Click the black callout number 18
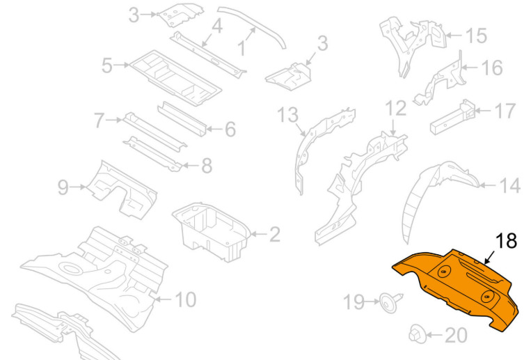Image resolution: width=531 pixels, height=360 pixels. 506,240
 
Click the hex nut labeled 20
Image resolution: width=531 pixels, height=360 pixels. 417,334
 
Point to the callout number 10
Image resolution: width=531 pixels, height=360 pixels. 186,299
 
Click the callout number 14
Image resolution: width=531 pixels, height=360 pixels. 510,186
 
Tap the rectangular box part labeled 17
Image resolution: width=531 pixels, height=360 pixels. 452,118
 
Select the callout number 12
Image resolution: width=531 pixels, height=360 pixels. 396,108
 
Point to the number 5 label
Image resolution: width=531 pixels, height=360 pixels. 107,65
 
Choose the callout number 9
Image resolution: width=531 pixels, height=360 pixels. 63,187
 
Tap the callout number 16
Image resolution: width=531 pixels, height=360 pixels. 492,68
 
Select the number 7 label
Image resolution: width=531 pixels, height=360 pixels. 99,120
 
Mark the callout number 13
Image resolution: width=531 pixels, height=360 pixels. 288,115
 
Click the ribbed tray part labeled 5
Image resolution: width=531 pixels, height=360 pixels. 175,78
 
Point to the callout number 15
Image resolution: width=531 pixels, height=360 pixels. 477,36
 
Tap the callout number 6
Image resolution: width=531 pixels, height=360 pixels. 230,129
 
